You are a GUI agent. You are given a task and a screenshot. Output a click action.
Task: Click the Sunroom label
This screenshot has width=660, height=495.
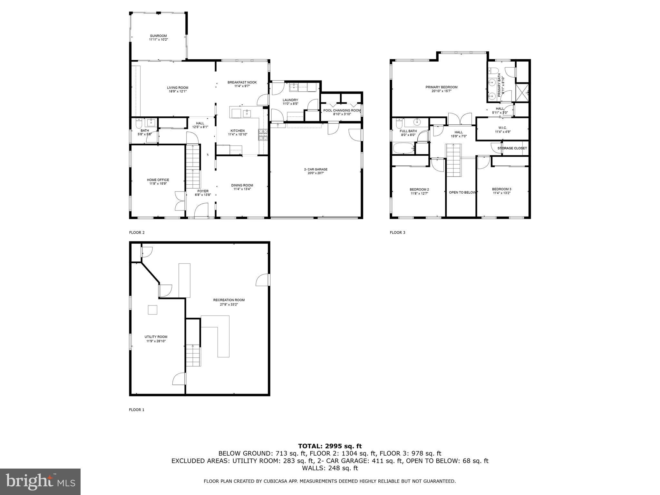coord(158,36)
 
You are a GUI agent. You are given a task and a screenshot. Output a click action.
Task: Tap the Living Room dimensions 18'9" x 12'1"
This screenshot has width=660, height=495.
coord(177,92)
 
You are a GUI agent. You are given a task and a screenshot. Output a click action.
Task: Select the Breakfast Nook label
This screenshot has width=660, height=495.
coord(242,82)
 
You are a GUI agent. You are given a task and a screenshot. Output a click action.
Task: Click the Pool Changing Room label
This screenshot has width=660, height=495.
coord(342,111)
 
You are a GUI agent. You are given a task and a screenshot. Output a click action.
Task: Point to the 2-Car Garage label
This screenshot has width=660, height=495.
coord(315,170)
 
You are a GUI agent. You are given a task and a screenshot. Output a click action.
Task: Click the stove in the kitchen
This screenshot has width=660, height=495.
coord(262,135)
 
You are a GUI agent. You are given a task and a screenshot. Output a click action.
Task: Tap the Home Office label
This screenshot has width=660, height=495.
coord(158,180)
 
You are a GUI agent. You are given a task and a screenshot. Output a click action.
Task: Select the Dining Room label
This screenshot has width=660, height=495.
coord(242,185)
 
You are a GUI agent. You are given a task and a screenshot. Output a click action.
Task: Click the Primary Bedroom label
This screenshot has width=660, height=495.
coord(441,87)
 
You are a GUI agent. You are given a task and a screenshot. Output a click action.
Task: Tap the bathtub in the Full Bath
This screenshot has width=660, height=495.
coord(403,149)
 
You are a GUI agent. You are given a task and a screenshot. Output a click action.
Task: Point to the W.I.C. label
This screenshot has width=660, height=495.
coord(502,128)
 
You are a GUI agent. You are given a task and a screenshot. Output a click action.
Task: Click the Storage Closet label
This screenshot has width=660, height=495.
coord(512,148)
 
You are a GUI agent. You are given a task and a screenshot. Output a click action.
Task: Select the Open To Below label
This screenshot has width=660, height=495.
coord(462,192)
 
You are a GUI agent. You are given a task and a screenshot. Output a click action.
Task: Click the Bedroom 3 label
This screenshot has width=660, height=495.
coord(501,189)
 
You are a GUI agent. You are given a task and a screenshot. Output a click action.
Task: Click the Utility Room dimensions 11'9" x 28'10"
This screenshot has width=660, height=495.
coord(156,341)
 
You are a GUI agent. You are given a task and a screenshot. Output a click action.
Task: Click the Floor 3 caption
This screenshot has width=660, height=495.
coord(397,232)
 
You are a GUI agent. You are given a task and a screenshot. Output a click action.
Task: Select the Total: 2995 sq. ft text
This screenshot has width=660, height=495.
coord(330,446)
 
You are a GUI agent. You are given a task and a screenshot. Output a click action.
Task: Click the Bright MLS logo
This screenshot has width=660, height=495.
coord(40,481)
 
